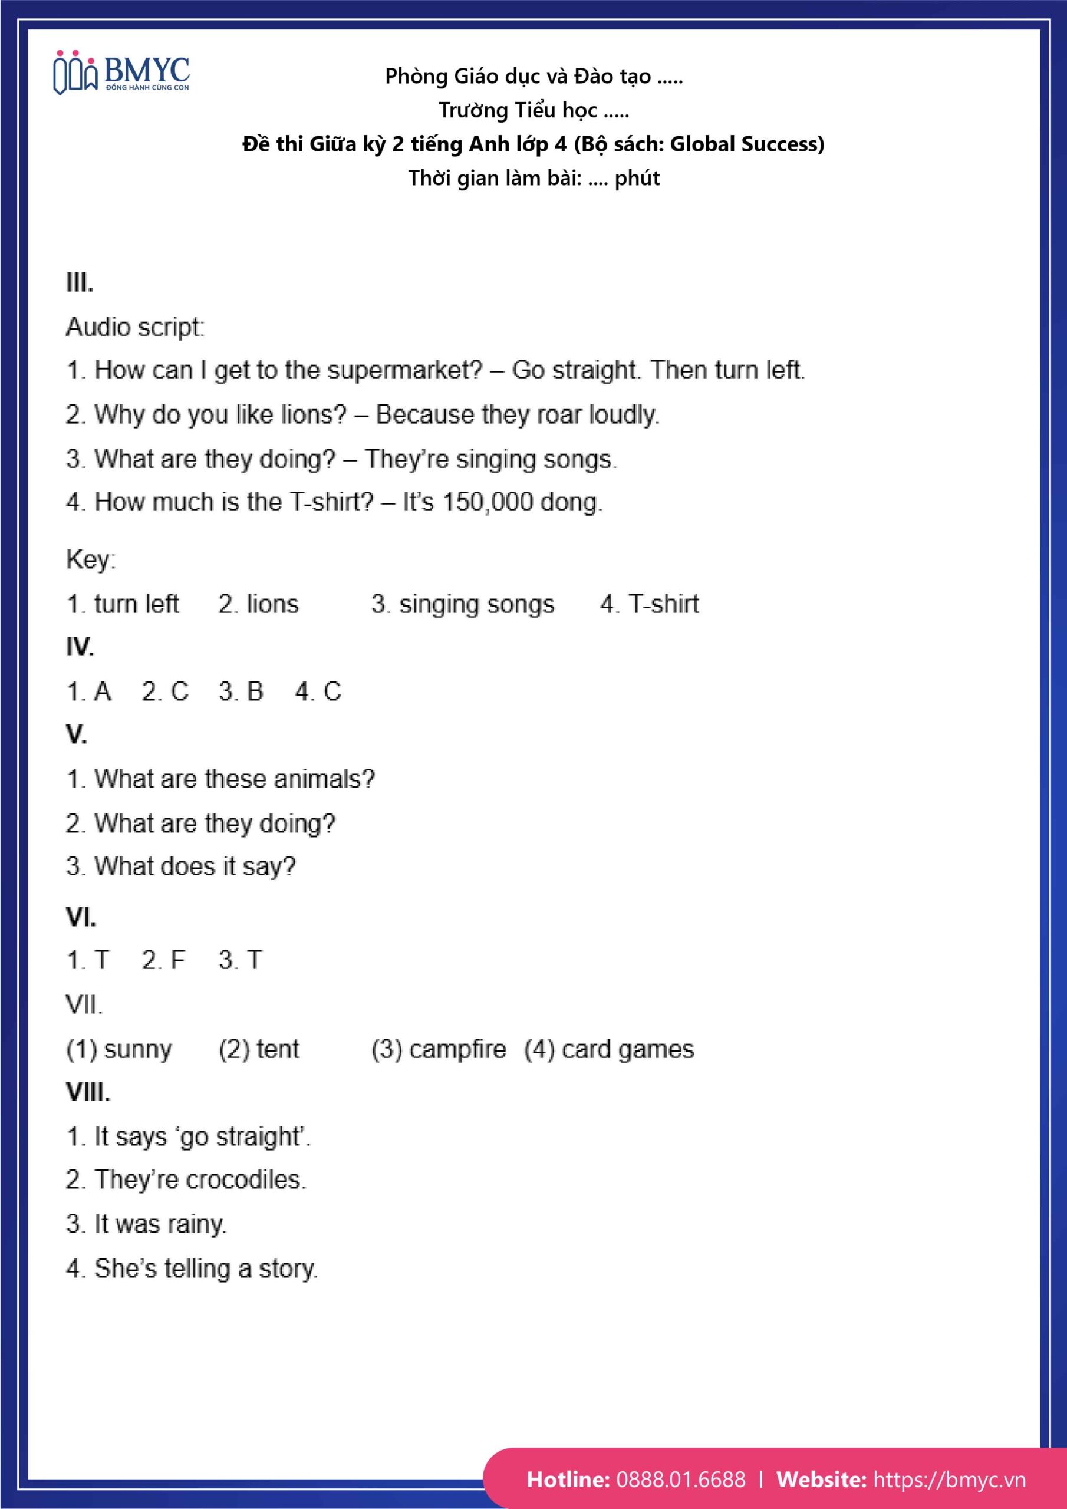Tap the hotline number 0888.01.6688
coord(680,1479)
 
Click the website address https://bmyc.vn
coord(949,1479)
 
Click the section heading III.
coord(80,284)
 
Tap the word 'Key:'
coord(91,559)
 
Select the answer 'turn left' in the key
coord(136,604)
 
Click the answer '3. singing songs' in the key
coord(463,604)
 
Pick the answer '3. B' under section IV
coord(241,691)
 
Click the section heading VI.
coord(81,918)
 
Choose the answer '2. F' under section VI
coord(164,960)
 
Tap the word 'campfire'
coord(457,1050)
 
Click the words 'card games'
coord(628,1050)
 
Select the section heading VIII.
coord(88,1092)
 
